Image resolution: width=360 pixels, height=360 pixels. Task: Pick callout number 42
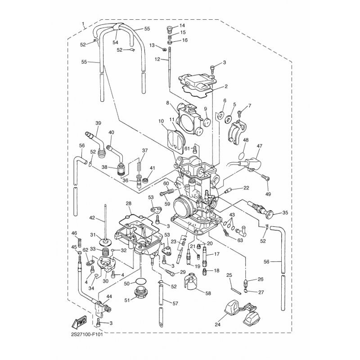92,218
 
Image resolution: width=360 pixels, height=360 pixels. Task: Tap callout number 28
129,204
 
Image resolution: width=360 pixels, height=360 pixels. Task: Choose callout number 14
183,26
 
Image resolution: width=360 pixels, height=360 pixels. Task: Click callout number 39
98,123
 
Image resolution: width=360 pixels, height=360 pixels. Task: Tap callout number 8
167,103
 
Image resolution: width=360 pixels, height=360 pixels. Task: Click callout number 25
229,275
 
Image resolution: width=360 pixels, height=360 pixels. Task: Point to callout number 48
246,140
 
